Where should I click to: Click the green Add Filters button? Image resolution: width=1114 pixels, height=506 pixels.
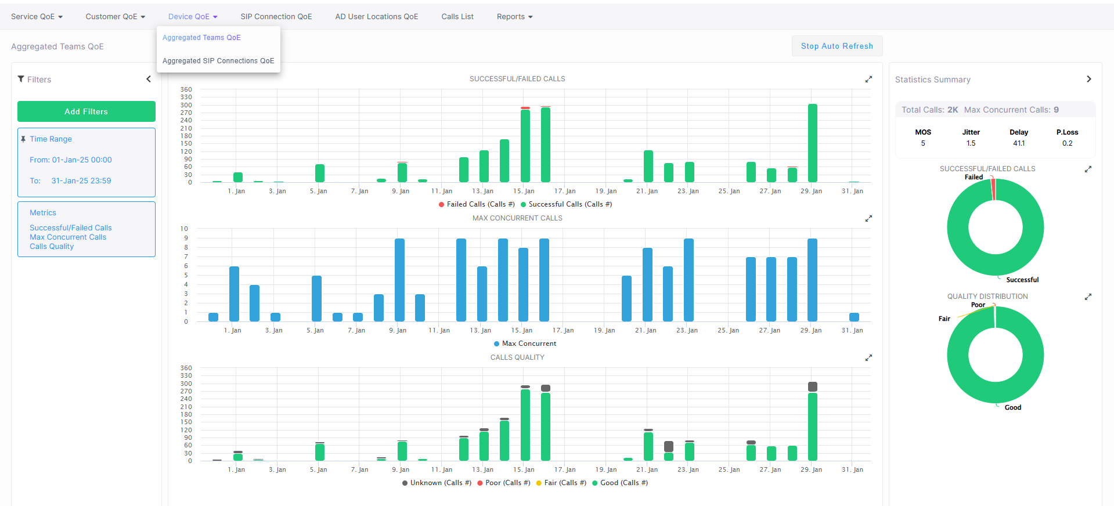(86, 111)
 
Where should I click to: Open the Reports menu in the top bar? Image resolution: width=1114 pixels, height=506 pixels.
(514, 17)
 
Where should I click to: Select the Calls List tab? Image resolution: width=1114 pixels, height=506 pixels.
(457, 17)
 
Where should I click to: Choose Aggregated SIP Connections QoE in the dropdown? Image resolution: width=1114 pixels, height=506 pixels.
(218, 61)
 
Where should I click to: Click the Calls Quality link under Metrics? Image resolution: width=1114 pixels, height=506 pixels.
(52, 247)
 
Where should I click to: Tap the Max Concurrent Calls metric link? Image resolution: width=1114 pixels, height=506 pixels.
(68, 237)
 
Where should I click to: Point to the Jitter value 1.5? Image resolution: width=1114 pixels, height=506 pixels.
(971, 143)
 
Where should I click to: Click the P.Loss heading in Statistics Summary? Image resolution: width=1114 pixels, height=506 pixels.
(1067, 132)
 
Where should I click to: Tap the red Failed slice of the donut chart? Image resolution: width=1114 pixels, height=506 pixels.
(993, 189)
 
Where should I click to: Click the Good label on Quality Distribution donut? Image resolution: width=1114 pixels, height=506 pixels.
(1013, 407)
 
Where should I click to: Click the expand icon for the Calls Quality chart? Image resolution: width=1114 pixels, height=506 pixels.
(868, 358)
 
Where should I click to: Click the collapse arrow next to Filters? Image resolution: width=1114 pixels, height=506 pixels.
(149, 79)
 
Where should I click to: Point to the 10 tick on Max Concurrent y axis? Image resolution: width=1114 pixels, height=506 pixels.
(184, 229)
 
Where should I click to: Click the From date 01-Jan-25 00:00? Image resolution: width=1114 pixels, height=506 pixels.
(82, 160)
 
